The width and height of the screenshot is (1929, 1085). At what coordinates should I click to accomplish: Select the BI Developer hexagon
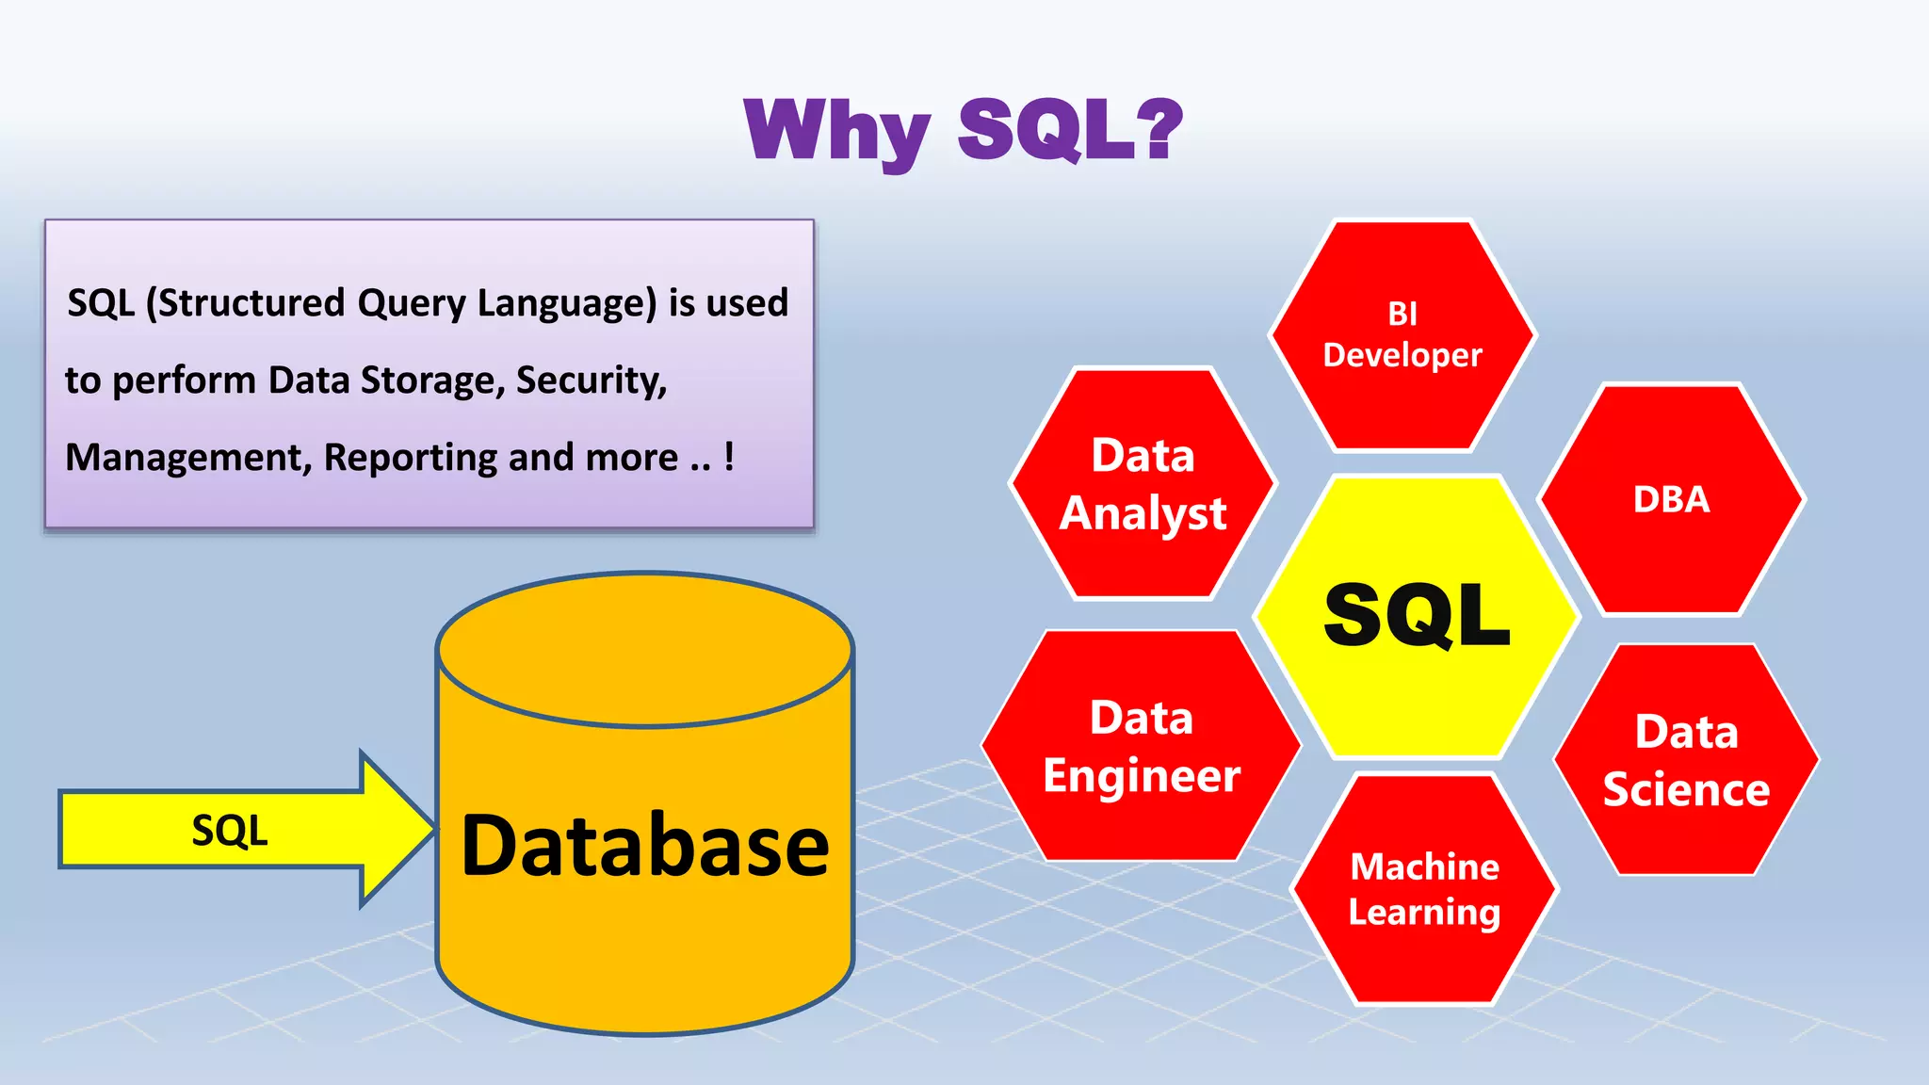tap(1402, 335)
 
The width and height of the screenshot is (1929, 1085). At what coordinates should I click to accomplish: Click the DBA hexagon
tap(1671, 499)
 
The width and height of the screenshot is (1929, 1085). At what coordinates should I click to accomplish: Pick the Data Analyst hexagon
tap(1143, 484)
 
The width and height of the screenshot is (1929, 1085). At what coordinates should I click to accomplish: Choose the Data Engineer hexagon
tap(1141, 746)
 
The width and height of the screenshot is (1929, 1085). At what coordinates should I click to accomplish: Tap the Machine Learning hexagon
tap(1424, 889)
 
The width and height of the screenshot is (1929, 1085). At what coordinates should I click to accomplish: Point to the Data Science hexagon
tap(1686, 760)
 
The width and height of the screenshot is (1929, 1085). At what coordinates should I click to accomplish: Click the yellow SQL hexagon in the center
tap(1417, 616)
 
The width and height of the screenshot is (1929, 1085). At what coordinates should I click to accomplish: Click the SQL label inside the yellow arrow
tap(229, 831)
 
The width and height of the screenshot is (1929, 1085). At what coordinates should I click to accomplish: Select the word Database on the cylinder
tap(645, 846)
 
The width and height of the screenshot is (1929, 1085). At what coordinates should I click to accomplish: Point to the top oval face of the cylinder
tap(645, 650)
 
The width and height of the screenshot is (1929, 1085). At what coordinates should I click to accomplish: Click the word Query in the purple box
tap(412, 304)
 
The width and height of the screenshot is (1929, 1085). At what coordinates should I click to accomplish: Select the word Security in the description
tap(591, 381)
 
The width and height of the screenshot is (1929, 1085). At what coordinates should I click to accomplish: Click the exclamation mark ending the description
tap(728, 457)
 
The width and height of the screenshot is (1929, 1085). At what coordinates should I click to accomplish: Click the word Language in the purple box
tap(565, 304)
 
